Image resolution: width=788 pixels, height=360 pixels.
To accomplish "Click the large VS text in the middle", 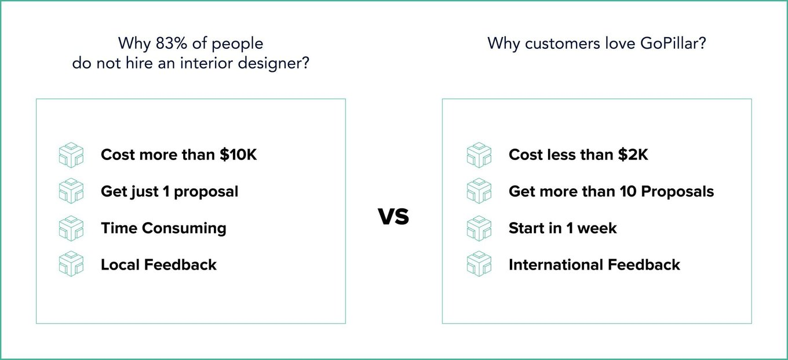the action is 393,216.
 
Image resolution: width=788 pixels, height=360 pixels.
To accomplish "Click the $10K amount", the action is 238,155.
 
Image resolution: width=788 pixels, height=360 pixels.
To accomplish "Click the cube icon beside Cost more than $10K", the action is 71,155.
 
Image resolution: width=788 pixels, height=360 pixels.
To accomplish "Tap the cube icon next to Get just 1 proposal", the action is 71,191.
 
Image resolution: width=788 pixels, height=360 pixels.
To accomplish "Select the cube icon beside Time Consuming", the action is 71,228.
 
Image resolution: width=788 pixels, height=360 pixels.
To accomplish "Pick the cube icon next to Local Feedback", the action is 71,264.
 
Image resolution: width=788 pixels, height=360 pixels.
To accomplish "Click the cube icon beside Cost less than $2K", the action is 479,155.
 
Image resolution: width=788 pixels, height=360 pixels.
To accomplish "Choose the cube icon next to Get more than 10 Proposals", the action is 479,191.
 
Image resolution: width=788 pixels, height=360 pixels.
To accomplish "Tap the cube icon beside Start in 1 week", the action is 479,228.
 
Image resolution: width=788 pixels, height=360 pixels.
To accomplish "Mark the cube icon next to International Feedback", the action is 479,264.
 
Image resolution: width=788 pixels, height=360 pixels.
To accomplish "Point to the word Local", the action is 120,264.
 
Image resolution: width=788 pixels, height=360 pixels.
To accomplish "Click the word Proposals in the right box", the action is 677,192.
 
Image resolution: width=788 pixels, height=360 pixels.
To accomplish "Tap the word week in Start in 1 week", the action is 597,228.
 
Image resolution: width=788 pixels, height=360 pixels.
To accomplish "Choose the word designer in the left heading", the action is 270,63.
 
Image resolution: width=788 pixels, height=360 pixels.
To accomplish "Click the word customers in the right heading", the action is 563,43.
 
